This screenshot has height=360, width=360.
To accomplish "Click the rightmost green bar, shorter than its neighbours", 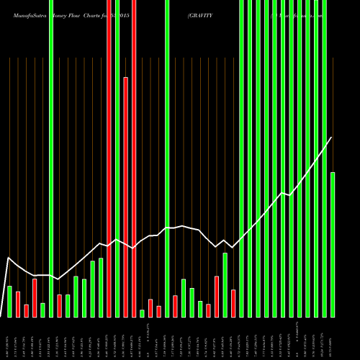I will pos(333,245).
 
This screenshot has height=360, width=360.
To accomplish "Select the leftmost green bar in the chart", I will pos(9,301).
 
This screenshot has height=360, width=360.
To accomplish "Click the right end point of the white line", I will pos(332,137).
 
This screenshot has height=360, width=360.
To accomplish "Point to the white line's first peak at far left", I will pos(9,258).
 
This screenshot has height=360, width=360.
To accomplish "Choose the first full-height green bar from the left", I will pos(51,158).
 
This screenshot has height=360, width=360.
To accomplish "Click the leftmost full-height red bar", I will pos(109,158).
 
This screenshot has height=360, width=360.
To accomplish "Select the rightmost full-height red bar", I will pos(134,158).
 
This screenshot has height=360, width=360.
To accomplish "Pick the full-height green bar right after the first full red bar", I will pos(117,158).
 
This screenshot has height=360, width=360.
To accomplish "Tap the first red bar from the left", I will pos(18,304).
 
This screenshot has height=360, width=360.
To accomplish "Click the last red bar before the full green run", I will pos(233,302).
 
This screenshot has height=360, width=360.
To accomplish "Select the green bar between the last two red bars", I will pos(225,284).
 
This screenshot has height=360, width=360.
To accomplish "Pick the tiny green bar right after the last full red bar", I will pos(142,313).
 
